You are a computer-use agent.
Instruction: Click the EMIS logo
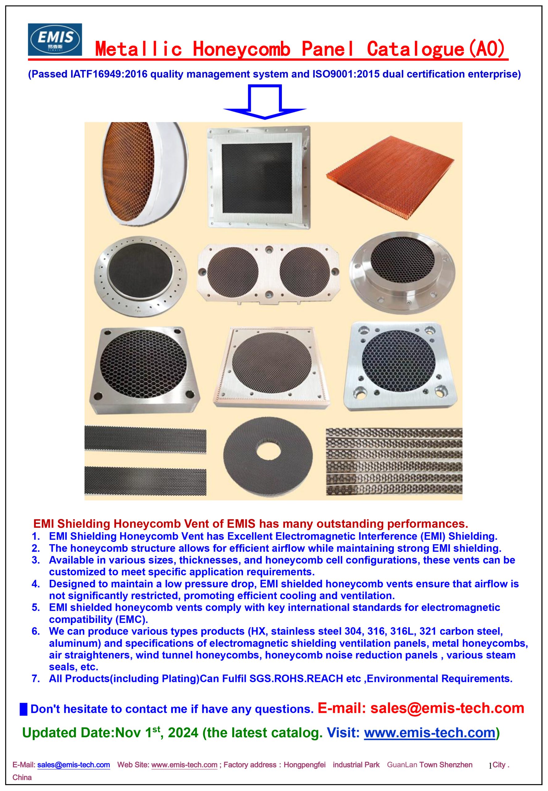55,39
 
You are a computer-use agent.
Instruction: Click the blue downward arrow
264,102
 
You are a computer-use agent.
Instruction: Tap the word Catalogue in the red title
415,49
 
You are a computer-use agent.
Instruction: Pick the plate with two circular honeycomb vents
269,273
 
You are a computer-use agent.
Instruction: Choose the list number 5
36,607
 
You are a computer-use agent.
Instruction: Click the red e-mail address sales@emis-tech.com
447,708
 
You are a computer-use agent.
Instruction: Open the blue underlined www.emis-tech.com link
430,733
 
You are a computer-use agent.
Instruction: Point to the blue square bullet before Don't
23,709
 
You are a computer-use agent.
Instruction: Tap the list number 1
36,536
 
